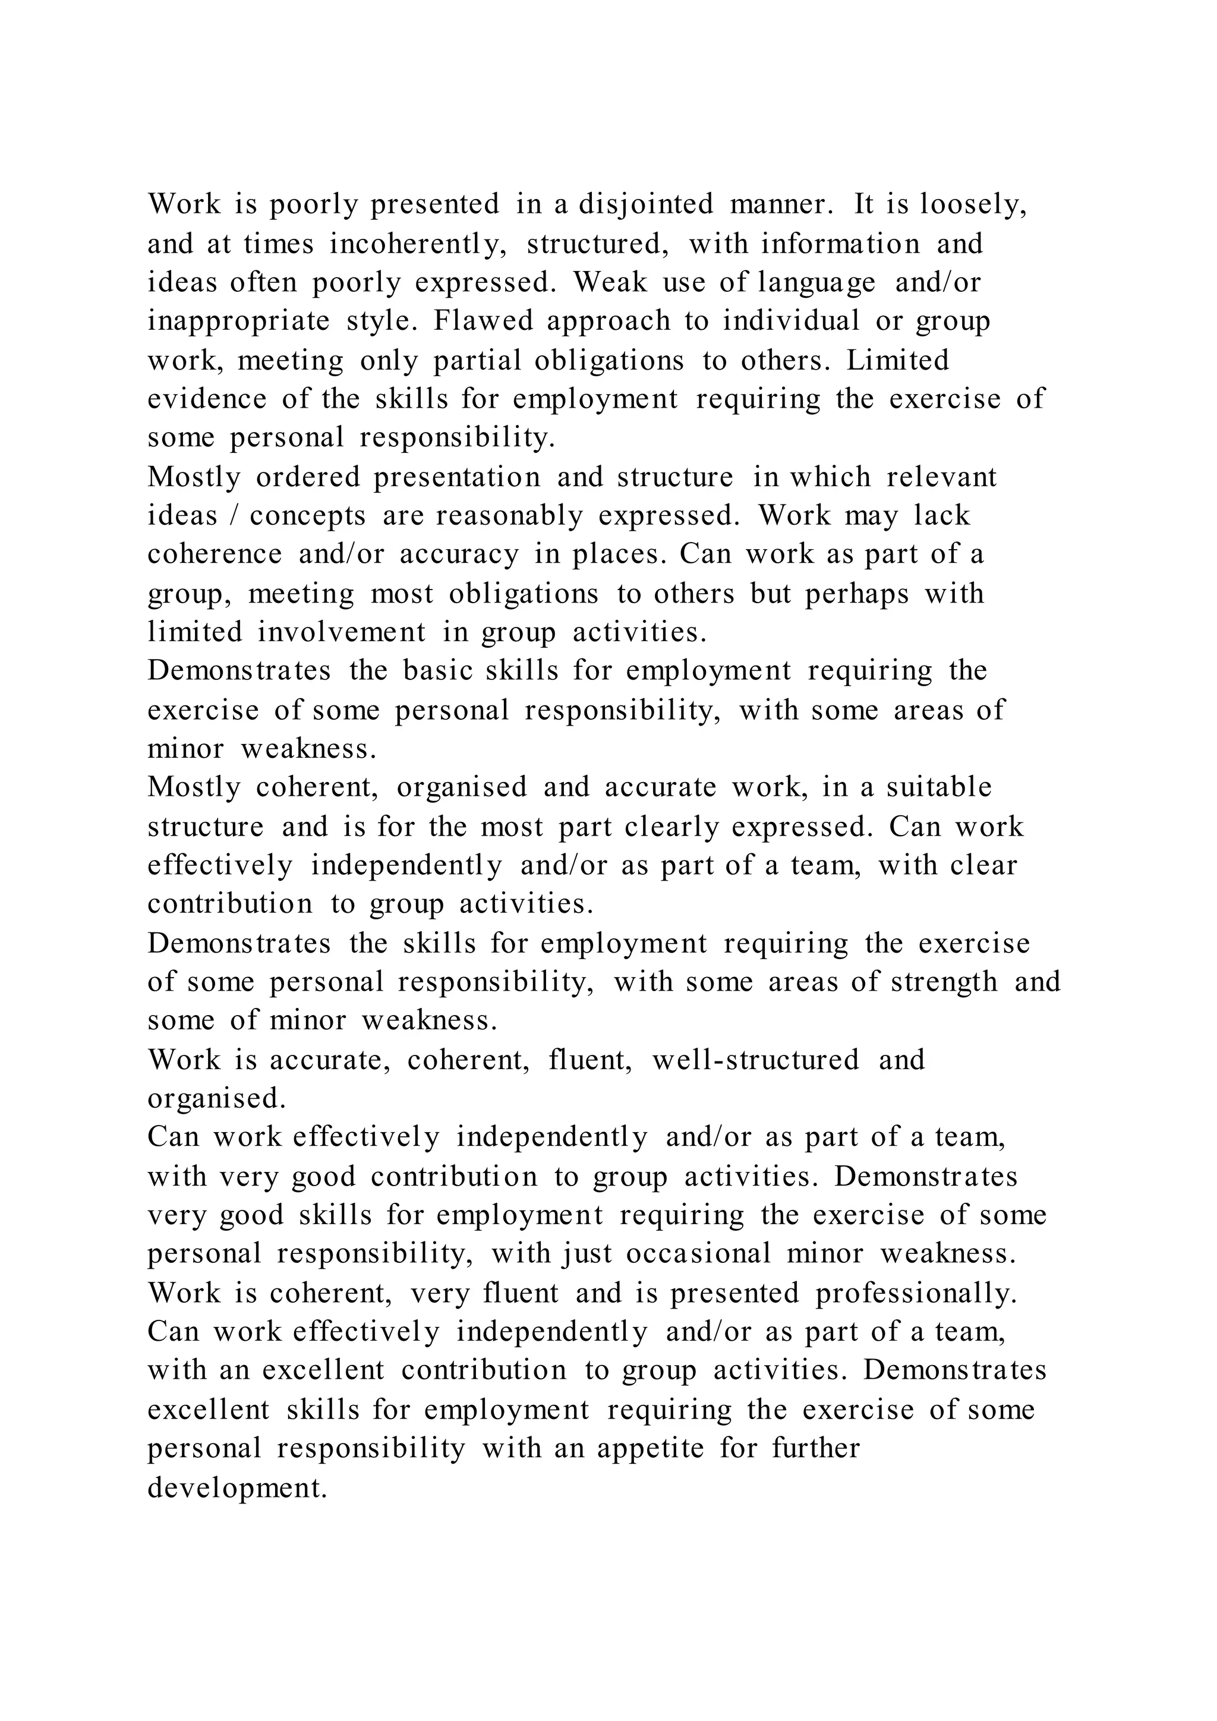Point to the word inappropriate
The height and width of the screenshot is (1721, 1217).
pos(238,321)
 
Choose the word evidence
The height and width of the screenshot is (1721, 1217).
pos(207,399)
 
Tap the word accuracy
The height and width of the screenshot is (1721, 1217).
pos(459,554)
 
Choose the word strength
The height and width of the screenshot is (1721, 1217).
pos(944,982)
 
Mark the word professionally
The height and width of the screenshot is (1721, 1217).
pos(916,1293)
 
